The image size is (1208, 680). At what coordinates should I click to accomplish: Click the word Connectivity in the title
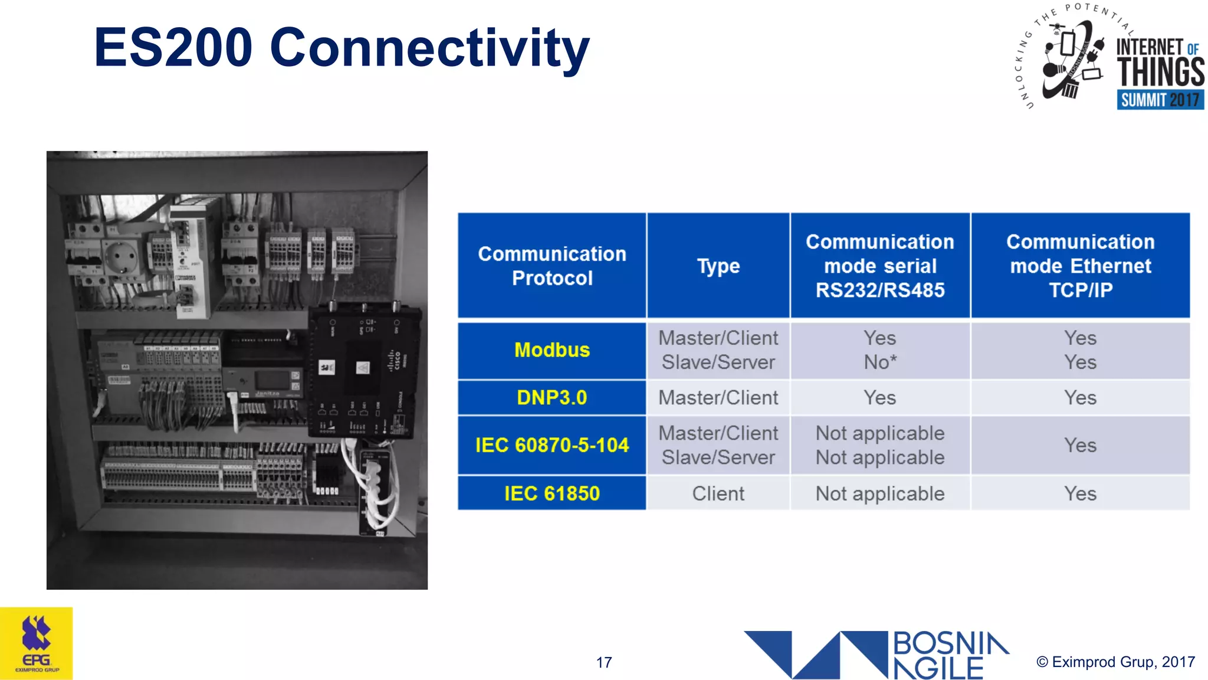pos(429,48)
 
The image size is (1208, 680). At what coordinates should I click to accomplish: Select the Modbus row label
pos(552,350)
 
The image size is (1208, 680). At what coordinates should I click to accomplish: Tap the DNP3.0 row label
pos(552,398)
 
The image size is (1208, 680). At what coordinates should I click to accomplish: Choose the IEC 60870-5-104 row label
pos(552,445)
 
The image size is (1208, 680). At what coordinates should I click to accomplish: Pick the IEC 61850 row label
pos(552,493)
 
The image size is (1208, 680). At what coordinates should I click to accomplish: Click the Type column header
pos(718,266)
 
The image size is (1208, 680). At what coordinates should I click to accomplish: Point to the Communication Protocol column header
pos(552,266)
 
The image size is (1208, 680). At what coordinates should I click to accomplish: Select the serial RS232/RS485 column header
pos(879,266)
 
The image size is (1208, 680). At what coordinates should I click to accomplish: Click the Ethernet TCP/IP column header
pos(1080,266)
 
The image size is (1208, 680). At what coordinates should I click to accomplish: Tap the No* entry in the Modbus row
pos(879,362)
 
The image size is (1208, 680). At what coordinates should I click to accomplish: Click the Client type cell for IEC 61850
pos(718,493)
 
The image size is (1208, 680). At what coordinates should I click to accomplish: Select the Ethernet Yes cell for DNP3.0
pos(1080,398)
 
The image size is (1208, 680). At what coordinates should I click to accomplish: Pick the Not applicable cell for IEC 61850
pos(879,493)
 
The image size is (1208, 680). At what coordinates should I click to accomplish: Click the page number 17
pos(604,662)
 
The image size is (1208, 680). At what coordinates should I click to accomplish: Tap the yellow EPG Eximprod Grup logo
pos(37,643)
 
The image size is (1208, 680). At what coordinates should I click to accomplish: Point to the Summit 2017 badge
pos(1160,100)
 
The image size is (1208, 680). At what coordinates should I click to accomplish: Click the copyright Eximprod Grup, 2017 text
pos(1115,662)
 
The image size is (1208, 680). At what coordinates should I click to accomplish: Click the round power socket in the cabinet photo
pos(123,257)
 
